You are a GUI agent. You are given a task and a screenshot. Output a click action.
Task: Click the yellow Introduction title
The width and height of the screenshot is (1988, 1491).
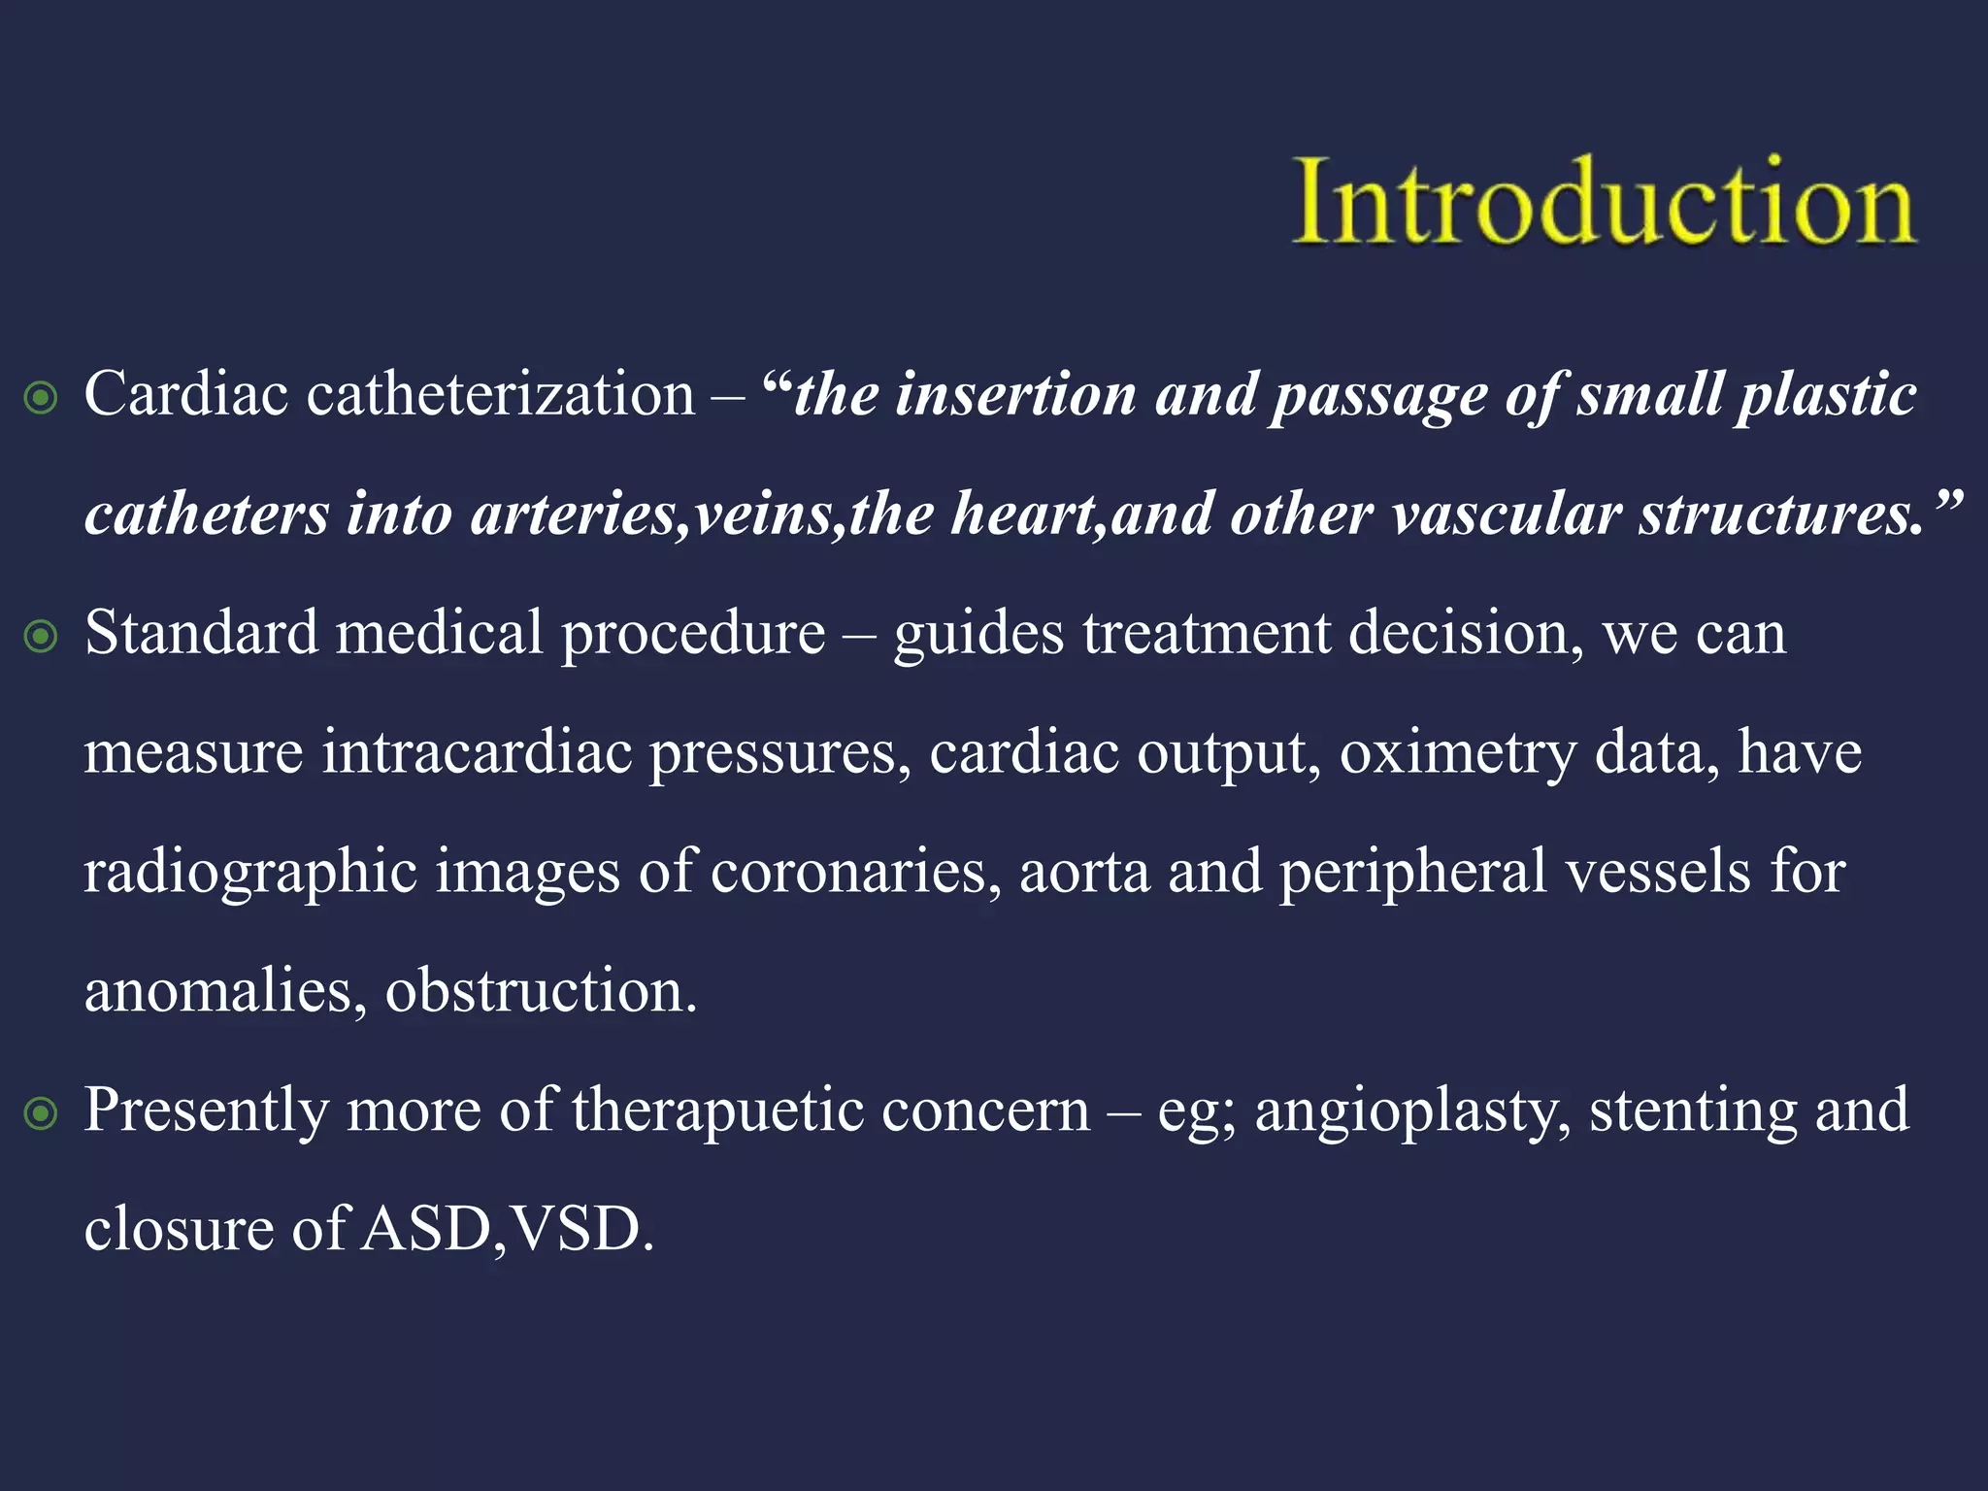click(1604, 202)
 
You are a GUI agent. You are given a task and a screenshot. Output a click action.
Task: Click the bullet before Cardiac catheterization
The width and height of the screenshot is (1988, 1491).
click(41, 398)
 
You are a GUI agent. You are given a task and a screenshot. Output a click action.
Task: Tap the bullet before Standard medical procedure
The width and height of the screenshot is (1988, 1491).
click(41, 637)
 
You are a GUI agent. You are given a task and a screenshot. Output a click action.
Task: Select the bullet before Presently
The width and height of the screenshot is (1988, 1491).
click(41, 1113)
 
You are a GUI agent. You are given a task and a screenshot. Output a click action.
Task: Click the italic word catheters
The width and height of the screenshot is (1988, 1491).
click(207, 514)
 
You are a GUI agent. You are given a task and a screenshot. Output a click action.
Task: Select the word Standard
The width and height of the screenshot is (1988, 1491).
click(201, 633)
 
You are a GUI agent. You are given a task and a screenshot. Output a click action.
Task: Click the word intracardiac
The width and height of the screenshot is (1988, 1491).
click(477, 752)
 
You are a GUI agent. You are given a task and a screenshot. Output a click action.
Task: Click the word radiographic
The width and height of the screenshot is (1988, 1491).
click(250, 872)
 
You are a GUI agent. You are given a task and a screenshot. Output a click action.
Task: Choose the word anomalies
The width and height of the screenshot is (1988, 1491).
click(218, 991)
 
